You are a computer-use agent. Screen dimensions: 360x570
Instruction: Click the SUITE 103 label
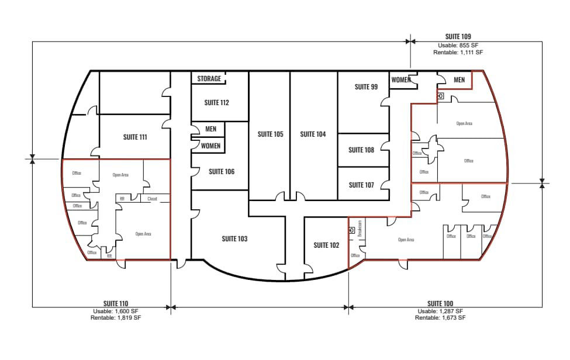(x=234, y=238)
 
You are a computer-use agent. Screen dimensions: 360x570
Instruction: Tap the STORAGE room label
(x=209, y=79)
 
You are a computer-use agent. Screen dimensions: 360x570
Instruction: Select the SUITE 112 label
(x=216, y=103)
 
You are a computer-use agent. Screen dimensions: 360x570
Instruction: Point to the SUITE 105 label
(x=270, y=134)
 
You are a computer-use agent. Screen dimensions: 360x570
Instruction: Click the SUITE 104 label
(x=313, y=134)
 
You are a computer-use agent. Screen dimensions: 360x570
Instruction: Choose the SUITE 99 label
(x=366, y=87)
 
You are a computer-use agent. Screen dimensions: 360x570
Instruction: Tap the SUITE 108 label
(x=361, y=150)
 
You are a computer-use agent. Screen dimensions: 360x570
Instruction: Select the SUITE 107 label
(x=361, y=185)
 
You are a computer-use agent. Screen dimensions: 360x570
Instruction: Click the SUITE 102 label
(x=326, y=245)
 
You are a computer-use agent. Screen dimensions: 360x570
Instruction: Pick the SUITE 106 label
(x=222, y=172)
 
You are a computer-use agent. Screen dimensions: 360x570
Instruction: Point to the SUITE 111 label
(x=134, y=137)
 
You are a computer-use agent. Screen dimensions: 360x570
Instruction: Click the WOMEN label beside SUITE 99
(x=400, y=80)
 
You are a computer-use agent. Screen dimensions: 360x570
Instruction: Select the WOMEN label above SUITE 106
(x=210, y=146)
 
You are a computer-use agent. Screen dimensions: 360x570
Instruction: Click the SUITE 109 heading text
(x=458, y=37)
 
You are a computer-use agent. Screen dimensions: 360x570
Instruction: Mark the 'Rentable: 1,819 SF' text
(x=116, y=318)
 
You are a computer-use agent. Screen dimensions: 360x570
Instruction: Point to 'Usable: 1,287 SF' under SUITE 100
(x=440, y=311)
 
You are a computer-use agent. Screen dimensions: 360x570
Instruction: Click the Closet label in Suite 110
(x=152, y=199)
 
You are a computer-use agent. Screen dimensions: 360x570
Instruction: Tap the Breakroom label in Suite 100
(x=360, y=228)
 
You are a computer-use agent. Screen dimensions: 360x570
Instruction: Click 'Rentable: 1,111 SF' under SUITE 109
(x=458, y=53)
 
